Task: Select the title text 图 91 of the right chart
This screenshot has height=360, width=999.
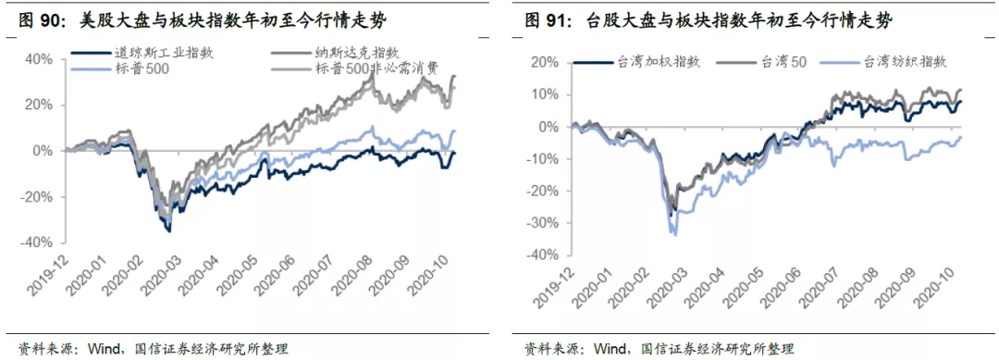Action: pos(546,21)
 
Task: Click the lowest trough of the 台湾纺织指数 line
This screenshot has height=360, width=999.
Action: pos(675,235)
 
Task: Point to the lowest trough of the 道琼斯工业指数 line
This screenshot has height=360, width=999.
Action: pos(169,231)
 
